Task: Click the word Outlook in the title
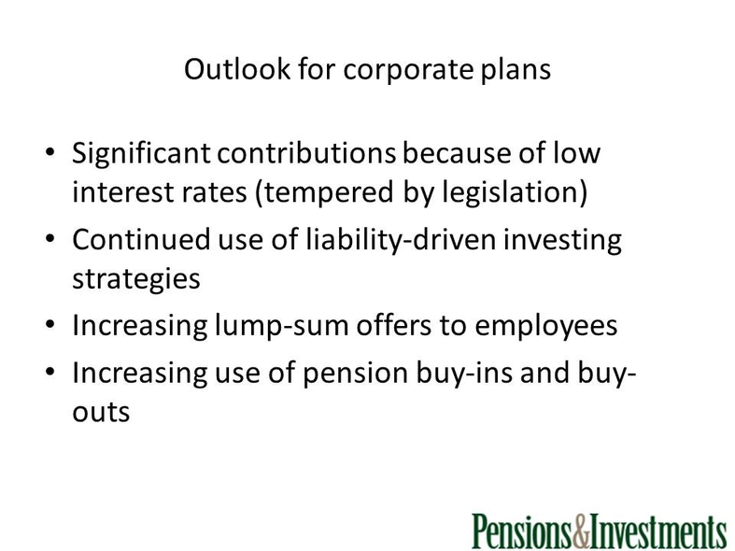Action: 237,69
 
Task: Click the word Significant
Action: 141,155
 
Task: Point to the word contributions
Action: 306,153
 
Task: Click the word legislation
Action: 510,193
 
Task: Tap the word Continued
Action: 141,239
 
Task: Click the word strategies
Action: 136,280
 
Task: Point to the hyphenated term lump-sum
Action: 282,327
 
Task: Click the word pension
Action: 355,374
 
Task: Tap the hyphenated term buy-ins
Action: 464,374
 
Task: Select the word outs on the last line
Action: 101,413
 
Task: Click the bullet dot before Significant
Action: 50,152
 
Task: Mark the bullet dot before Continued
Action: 50,238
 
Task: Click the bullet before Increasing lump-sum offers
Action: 50,324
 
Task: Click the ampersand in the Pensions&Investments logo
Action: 580,531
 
